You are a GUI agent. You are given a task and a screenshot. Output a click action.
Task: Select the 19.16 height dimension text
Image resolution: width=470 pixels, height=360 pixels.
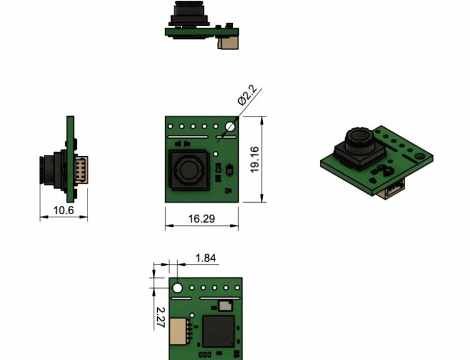[x=255, y=160]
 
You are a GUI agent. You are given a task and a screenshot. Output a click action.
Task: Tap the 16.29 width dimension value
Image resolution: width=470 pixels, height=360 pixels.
[x=201, y=219]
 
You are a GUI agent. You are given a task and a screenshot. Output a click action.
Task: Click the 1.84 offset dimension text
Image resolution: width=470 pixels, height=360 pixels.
[x=205, y=259]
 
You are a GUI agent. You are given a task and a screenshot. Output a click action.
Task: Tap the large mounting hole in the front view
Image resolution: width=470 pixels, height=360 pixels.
[x=230, y=127]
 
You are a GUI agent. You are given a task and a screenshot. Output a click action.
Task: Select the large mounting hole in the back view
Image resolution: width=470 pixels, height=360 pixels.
[x=178, y=288]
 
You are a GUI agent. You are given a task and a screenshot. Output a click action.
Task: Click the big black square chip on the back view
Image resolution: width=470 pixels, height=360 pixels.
[x=218, y=331]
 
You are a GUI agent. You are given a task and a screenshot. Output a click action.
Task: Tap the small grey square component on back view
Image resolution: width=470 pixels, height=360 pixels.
[x=225, y=306]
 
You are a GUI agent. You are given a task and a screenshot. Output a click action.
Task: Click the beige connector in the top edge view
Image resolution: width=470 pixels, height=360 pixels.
[x=228, y=42]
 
